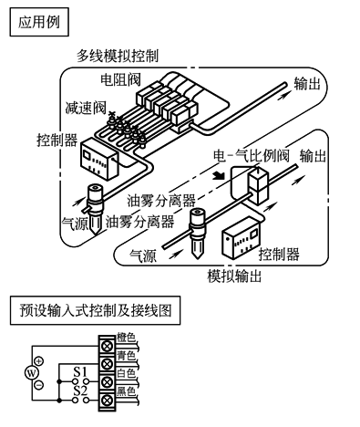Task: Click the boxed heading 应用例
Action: (39, 22)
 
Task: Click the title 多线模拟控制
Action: (118, 56)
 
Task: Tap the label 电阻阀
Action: (121, 79)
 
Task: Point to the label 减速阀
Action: (86, 107)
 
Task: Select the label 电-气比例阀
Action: (252, 156)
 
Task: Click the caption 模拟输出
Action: (234, 276)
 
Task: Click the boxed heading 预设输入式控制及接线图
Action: (95, 310)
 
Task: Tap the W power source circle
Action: (32, 373)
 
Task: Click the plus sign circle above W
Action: (39, 361)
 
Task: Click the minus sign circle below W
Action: (39, 385)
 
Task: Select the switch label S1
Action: (80, 372)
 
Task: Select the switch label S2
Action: (80, 391)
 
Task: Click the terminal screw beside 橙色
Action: (107, 346)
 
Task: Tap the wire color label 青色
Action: (126, 356)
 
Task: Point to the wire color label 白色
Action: (126, 373)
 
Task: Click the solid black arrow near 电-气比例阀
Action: (219, 175)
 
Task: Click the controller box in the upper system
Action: (99, 158)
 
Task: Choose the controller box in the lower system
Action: (242, 237)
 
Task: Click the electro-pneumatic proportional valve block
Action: (259, 186)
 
